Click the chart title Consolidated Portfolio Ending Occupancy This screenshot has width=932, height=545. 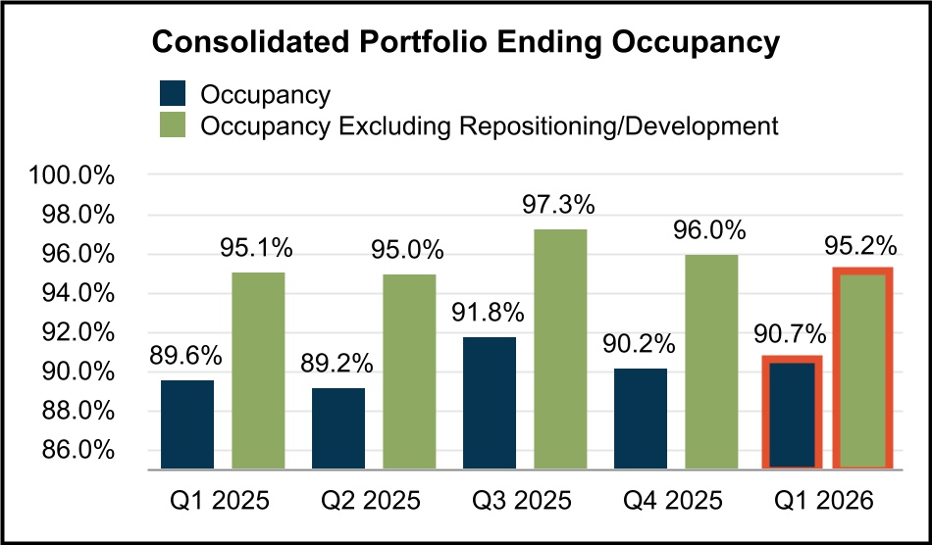click(465, 44)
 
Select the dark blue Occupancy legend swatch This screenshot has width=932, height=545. click(175, 95)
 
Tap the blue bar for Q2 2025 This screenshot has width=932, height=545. click(338, 428)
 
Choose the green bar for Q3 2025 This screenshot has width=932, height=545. click(560, 349)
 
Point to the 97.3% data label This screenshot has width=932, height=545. click(560, 206)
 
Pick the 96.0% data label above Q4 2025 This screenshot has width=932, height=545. click(711, 231)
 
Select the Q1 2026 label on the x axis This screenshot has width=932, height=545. click(826, 501)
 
